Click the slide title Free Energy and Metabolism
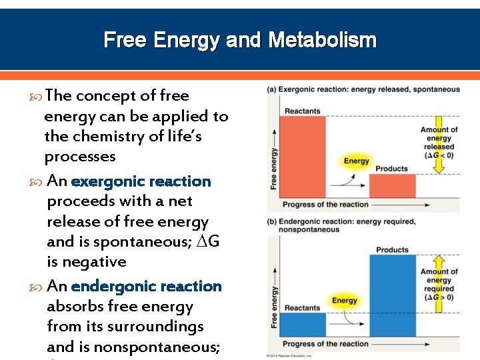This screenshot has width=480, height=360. coord(240,40)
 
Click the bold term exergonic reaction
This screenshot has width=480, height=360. coord(141,181)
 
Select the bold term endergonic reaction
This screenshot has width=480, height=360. coord(146,286)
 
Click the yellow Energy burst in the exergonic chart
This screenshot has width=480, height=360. coord(357,161)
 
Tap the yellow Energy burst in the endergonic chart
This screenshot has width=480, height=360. coord(345,301)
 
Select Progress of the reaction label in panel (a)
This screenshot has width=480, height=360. coord(325,204)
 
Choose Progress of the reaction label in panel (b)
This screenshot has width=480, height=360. coord(325,344)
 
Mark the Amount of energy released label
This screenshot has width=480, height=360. coord(439,142)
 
